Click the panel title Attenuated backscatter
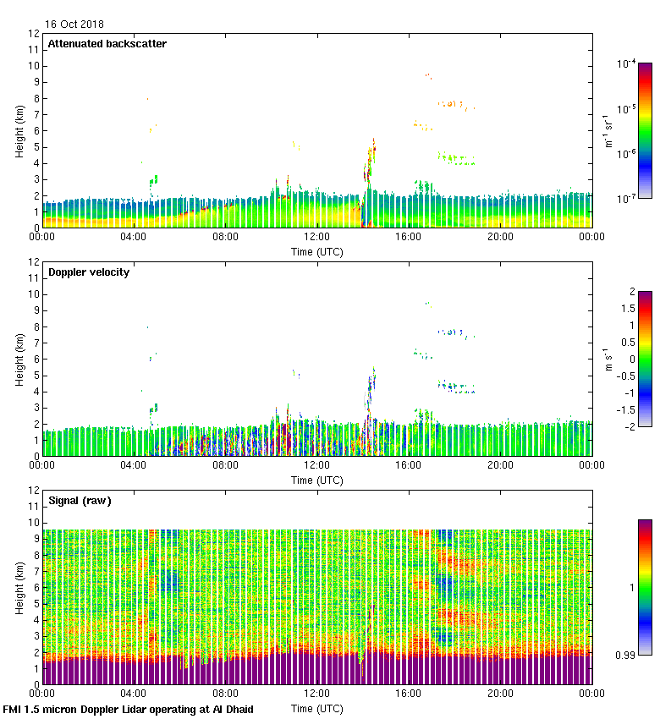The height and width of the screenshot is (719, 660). point(107,44)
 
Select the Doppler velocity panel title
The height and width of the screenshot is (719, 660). point(89,272)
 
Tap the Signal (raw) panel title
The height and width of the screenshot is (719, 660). point(80,501)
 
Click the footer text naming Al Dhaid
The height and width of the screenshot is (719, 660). point(129,709)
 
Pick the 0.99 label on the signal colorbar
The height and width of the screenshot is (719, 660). point(625,654)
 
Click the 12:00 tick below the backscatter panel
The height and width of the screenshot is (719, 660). point(316,237)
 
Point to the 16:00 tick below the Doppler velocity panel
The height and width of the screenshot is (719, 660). point(408,465)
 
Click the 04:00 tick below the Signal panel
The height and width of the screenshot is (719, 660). point(134,694)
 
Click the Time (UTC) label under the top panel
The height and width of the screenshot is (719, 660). point(316,251)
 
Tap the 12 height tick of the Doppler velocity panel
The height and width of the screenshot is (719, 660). point(35,262)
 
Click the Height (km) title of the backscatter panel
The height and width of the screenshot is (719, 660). point(19,130)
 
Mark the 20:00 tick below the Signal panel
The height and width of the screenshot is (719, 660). point(500,694)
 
